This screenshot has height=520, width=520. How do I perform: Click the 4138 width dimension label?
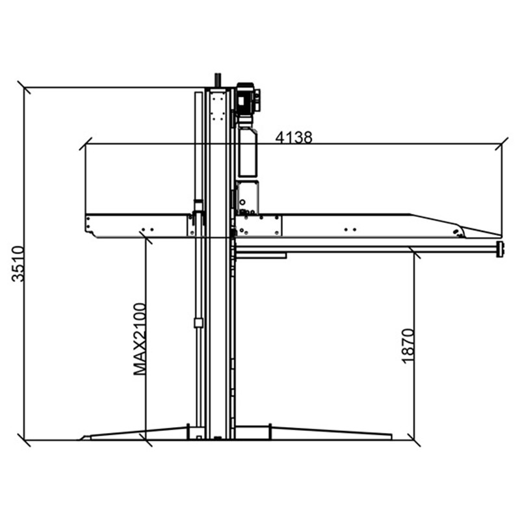(294, 137)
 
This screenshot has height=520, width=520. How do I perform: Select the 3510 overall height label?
(18, 264)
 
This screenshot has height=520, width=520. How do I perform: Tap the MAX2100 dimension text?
(140, 339)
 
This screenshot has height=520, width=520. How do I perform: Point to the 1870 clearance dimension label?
(408, 346)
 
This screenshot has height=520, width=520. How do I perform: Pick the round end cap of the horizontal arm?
(500, 250)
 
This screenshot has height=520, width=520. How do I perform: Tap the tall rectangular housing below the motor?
(248, 152)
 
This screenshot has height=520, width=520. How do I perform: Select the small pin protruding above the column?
(218, 80)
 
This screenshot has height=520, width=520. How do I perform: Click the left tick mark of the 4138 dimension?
(85, 144)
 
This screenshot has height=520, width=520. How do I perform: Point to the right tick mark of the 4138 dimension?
(501, 144)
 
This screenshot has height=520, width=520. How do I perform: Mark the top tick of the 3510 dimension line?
(24, 88)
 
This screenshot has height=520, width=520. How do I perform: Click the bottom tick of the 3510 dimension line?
(24, 440)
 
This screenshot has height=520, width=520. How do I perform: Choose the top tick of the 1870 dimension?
(414, 252)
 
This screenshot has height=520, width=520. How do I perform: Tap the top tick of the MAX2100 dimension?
(146, 238)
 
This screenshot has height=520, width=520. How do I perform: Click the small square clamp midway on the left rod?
(198, 322)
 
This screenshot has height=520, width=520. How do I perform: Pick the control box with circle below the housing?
(248, 198)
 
